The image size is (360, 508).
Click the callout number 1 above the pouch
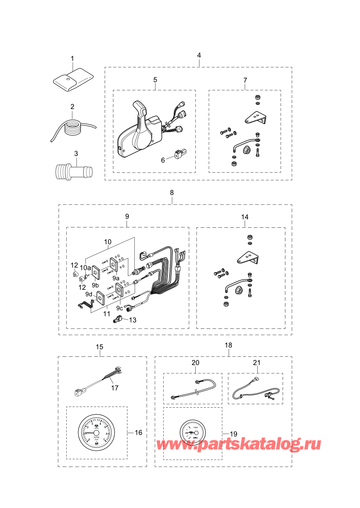(x=72, y=59)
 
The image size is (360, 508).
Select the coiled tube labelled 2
(x=73, y=127)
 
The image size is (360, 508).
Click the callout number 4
(x=199, y=56)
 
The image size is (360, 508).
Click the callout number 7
(x=245, y=80)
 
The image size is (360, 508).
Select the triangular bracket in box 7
(x=254, y=117)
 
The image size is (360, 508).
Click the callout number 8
(x=172, y=193)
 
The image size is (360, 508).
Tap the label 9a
(x=116, y=278)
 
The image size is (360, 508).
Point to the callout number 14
(x=245, y=217)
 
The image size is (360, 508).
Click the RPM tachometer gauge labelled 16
(x=97, y=432)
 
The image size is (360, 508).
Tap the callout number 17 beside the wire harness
(x=115, y=388)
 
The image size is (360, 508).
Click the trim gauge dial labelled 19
(x=193, y=432)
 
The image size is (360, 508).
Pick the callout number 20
(x=195, y=363)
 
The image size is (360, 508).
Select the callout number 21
(x=257, y=363)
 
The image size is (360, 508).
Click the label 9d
(x=88, y=294)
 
